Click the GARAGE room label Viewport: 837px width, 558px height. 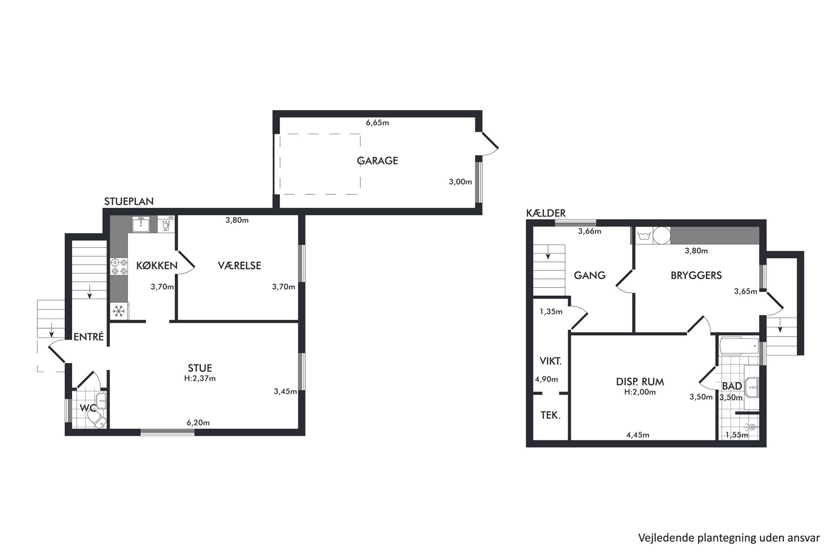click(x=378, y=161)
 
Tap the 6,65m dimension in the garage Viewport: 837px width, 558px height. click(x=377, y=123)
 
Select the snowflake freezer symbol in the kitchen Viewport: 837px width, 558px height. click(x=119, y=311)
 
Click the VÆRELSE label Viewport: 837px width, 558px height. click(x=239, y=266)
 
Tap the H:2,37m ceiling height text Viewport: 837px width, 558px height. click(x=200, y=379)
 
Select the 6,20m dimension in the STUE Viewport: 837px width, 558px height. click(x=198, y=423)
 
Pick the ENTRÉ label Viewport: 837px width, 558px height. click(x=89, y=337)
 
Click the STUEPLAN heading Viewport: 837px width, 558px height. click(x=129, y=201)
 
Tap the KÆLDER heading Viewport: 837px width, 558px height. click(x=546, y=213)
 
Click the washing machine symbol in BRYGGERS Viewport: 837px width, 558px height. click(x=644, y=236)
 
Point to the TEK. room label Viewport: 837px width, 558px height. click(x=551, y=416)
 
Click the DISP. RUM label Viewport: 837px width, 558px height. click(x=640, y=382)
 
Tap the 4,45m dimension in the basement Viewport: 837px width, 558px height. click(x=638, y=435)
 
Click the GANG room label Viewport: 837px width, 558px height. click(x=590, y=275)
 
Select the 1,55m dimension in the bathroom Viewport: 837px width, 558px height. click(x=737, y=435)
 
